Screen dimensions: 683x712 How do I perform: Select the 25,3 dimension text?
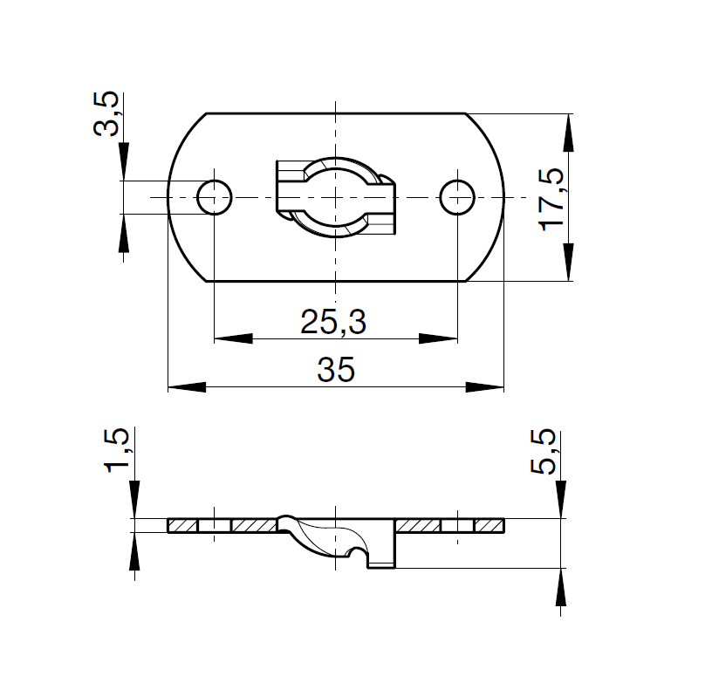(x=333, y=323)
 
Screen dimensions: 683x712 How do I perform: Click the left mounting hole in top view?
(x=214, y=197)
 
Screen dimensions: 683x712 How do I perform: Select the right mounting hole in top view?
(x=457, y=197)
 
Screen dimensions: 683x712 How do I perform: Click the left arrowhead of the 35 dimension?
(x=186, y=386)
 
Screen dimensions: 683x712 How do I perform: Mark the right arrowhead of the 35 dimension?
(x=486, y=386)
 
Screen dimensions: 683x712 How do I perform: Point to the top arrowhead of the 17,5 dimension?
(x=569, y=133)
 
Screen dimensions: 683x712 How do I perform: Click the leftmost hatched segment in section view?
(x=182, y=525)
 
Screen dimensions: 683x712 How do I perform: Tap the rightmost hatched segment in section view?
(x=489, y=525)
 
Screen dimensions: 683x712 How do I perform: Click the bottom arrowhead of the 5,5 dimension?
(x=558, y=586)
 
